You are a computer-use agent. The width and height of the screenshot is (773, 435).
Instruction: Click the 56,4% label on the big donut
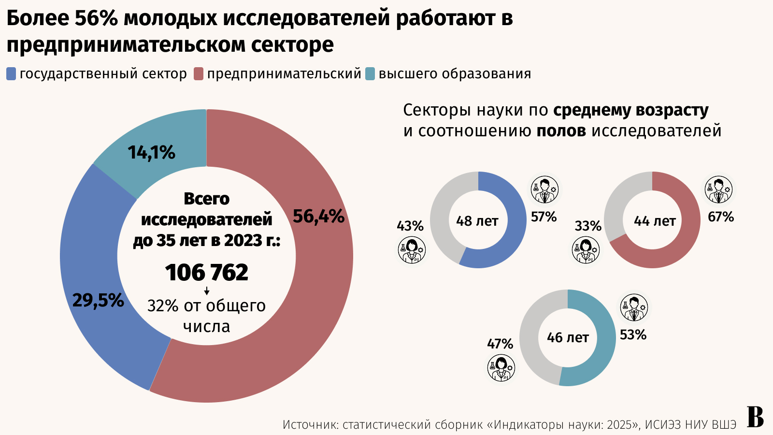point(318,217)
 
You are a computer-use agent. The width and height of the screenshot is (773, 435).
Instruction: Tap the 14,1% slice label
point(151,153)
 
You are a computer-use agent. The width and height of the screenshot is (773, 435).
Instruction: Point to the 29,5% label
point(98,301)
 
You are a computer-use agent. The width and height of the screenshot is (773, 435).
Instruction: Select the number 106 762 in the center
point(207,272)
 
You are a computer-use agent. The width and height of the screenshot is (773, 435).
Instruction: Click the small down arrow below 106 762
point(207,291)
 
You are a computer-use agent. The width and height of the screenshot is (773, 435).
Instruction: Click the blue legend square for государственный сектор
point(11,74)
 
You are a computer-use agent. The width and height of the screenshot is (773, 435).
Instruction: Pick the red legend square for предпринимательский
point(199,74)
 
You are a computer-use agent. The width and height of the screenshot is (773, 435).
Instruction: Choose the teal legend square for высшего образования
point(370,74)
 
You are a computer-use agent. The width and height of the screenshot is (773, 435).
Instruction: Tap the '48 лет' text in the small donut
point(477,221)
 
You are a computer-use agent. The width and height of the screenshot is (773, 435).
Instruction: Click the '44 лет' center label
point(655,221)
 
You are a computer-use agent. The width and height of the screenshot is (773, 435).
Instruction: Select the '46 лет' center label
point(568,337)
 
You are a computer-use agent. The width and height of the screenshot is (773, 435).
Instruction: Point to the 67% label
point(721,217)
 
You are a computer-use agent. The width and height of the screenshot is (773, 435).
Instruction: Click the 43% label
point(410,226)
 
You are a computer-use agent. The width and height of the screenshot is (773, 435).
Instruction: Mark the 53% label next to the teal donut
point(633,334)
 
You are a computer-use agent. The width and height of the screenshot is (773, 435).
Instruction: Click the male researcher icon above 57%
point(544,189)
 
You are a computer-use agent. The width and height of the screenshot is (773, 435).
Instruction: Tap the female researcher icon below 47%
point(501,367)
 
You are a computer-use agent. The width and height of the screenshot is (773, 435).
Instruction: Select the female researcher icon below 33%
point(586,250)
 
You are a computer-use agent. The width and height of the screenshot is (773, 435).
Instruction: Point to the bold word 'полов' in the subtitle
point(561,130)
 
